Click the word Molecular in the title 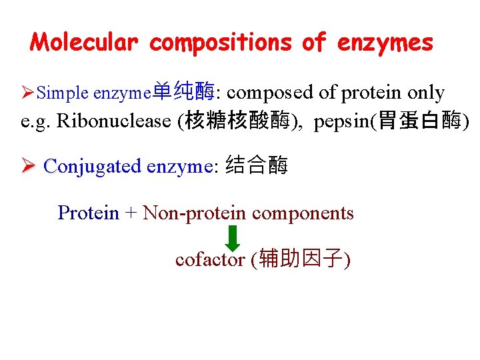[85, 43]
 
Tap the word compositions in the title [221, 43]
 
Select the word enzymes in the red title [385, 43]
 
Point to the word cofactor [209, 259]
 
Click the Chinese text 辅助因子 [301, 259]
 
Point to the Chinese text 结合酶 [257, 165]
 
